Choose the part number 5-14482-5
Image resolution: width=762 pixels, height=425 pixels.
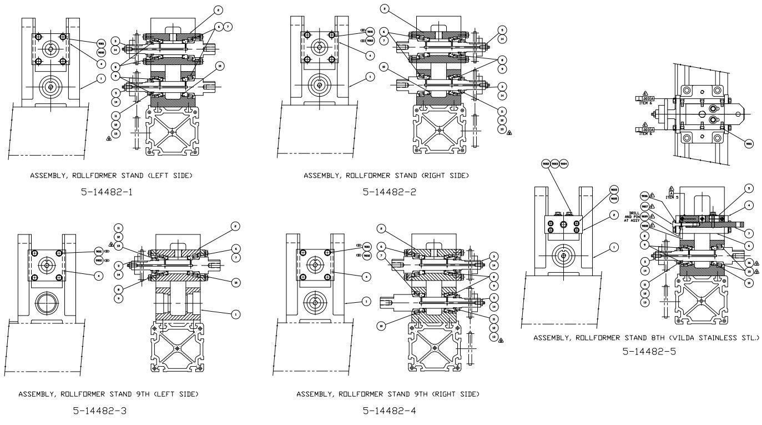pos(649,352)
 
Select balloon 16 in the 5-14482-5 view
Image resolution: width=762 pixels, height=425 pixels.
pos(749,263)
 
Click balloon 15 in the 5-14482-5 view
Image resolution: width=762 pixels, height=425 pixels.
pos(749,272)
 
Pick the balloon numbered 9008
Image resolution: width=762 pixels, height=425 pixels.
pos(645,226)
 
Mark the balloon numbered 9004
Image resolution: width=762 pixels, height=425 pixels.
pos(564,163)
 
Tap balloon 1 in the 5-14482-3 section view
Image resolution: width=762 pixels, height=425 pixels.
pos(235,314)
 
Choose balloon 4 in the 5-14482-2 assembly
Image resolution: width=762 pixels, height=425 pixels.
pos(370,55)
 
